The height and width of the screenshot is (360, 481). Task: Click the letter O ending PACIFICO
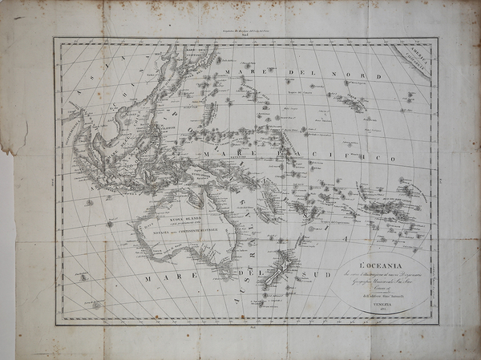click(392, 159)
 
